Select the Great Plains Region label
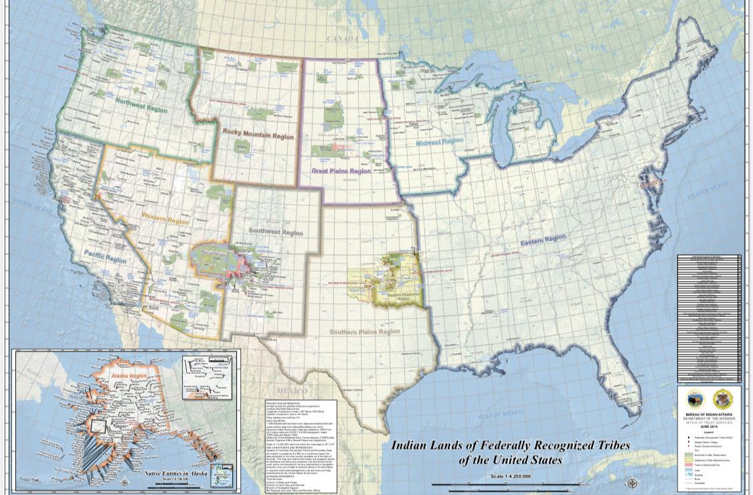click(341, 171)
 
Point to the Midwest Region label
click(439, 142)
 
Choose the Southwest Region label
click(276, 232)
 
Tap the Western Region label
click(165, 219)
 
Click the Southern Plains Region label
click(364, 332)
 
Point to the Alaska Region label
click(129, 377)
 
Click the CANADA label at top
click(343, 39)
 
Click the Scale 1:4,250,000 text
click(510, 476)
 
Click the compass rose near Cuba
click(632, 482)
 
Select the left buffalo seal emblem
click(695, 399)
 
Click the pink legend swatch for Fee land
click(689, 464)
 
